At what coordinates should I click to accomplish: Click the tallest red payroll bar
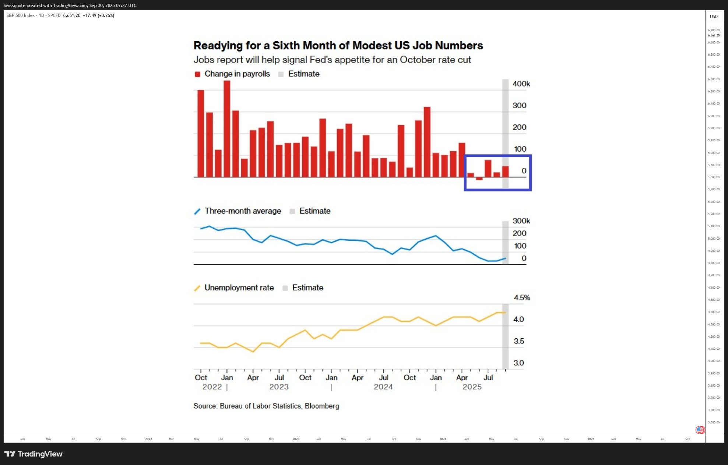pyautogui.click(x=227, y=129)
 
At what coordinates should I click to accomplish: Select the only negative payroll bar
pyautogui.click(x=479, y=179)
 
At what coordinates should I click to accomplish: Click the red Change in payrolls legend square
pyautogui.click(x=197, y=74)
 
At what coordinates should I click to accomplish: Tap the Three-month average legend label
pyautogui.click(x=243, y=211)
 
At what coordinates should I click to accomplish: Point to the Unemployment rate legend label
pyautogui.click(x=239, y=288)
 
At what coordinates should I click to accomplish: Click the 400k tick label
pyautogui.click(x=521, y=84)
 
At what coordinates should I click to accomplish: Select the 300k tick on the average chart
pyautogui.click(x=521, y=221)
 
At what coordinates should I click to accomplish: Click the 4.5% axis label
pyautogui.click(x=522, y=297)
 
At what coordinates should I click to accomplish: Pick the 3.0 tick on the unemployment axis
pyautogui.click(x=518, y=363)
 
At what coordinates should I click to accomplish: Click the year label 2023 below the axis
pyautogui.click(x=279, y=387)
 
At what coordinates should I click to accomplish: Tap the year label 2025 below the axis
pyautogui.click(x=472, y=387)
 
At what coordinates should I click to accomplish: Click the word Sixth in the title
pyautogui.click(x=288, y=45)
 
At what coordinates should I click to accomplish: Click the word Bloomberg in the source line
pyautogui.click(x=322, y=406)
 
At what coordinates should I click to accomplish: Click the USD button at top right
pyautogui.click(x=714, y=16)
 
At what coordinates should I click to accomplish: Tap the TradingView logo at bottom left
pyautogui.click(x=34, y=454)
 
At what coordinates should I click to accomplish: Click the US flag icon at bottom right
pyautogui.click(x=700, y=430)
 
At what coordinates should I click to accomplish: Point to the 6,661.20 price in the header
pyautogui.click(x=72, y=15)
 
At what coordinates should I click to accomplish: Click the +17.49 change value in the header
pyautogui.click(x=89, y=15)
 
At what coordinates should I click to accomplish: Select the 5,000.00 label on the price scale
pyautogui.click(x=714, y=239)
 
